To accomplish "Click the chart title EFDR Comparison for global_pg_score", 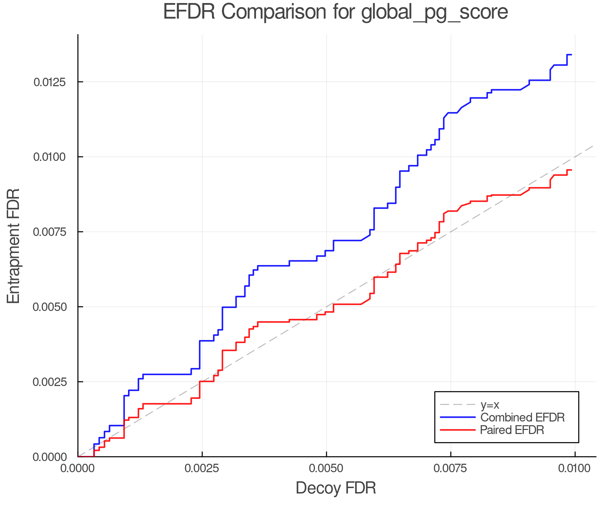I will [335, 12].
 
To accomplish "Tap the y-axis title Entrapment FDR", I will [14, 246].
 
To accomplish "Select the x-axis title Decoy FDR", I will [336, 488].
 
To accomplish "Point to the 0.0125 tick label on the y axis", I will [50, 82].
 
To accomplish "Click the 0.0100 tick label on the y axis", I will [50, 157].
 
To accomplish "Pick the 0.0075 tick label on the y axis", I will [50, 232].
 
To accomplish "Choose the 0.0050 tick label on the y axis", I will [50, 307].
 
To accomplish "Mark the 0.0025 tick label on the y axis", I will [50, 382].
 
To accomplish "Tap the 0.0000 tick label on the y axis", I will [50, 457].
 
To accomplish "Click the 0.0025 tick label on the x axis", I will [202, 468].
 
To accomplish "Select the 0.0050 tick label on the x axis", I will [326, 468].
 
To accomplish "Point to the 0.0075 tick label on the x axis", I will [451, 468].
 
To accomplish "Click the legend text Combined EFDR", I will [522, 417].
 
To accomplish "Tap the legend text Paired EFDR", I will [512, 430].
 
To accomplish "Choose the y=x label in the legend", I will [490, 405].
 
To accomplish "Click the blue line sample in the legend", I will [458, 417].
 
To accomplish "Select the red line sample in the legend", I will [458, 430].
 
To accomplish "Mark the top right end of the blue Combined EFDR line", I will [571, 54].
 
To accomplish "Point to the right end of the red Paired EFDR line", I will [571, 170].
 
